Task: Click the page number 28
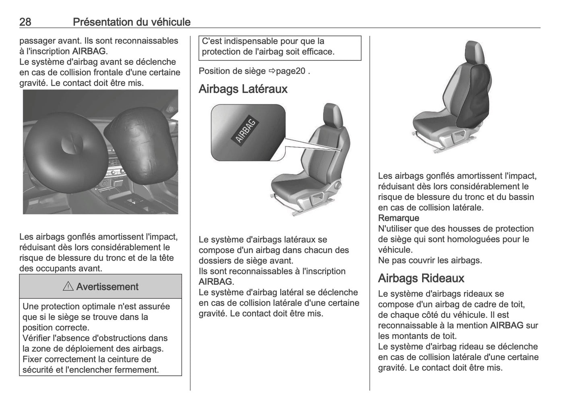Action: click(25, 22)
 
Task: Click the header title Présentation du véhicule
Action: click(131, 22)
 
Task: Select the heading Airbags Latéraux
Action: click(243, 89)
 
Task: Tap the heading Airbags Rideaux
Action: click(421, 278)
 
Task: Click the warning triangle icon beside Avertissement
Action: click(68, 287)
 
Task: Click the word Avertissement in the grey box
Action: click(107, 287)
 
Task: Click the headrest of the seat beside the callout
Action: click(333, 114)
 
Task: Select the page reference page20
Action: click(290, 71)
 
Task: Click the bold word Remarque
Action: click(398, 218)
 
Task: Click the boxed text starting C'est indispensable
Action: click(280, 46)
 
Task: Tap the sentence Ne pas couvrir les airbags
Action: click(430, 260)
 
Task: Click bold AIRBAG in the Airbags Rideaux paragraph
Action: click(507, 325)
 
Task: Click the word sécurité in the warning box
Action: click(38, 370)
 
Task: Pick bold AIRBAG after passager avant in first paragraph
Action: click(89, 51)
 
